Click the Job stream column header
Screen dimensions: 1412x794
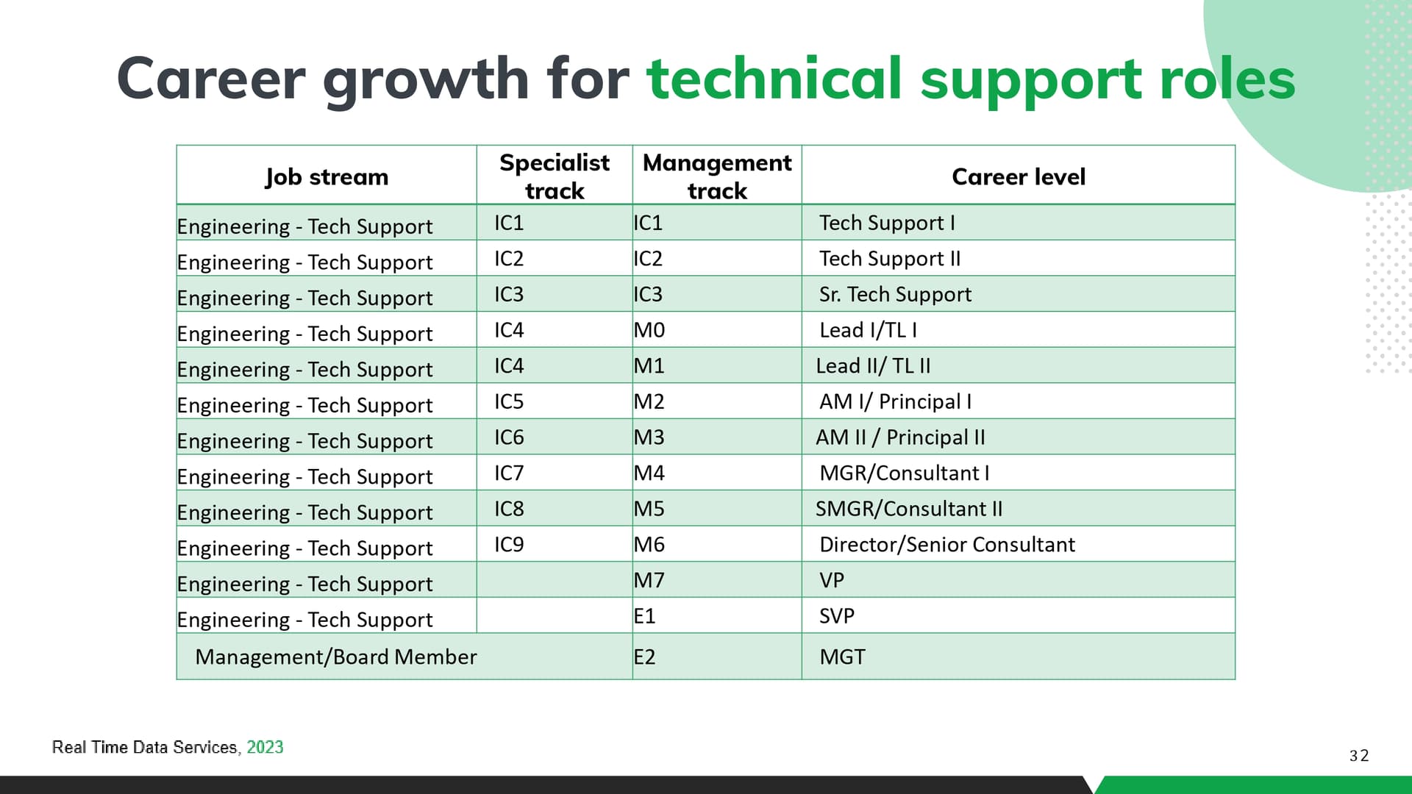[327, 176]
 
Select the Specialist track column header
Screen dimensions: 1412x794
[555, 176]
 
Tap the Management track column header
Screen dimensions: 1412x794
[717, 176]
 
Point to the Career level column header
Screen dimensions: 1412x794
[1019, 176]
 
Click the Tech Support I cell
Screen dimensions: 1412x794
[887, 223]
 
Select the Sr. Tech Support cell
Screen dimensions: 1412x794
[895, 294]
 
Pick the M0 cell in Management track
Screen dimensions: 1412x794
[649, 330]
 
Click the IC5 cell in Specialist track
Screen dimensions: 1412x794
[509, 401]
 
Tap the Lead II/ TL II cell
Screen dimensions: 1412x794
[873, 365]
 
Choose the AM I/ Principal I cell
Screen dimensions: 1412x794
[895, 401]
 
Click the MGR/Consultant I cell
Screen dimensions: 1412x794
[904, 473]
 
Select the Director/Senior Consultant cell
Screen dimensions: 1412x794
[947, 544]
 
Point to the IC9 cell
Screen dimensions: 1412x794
[509, 544]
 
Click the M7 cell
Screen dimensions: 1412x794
[649, 580]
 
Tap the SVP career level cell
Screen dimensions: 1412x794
[837, 616]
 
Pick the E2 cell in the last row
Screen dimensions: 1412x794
[644, 657]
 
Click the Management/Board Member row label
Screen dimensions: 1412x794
[336, 657]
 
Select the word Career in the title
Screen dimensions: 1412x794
[211, 78]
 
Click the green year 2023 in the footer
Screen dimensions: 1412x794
[265, 747]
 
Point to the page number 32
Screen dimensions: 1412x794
[1359, 756]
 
